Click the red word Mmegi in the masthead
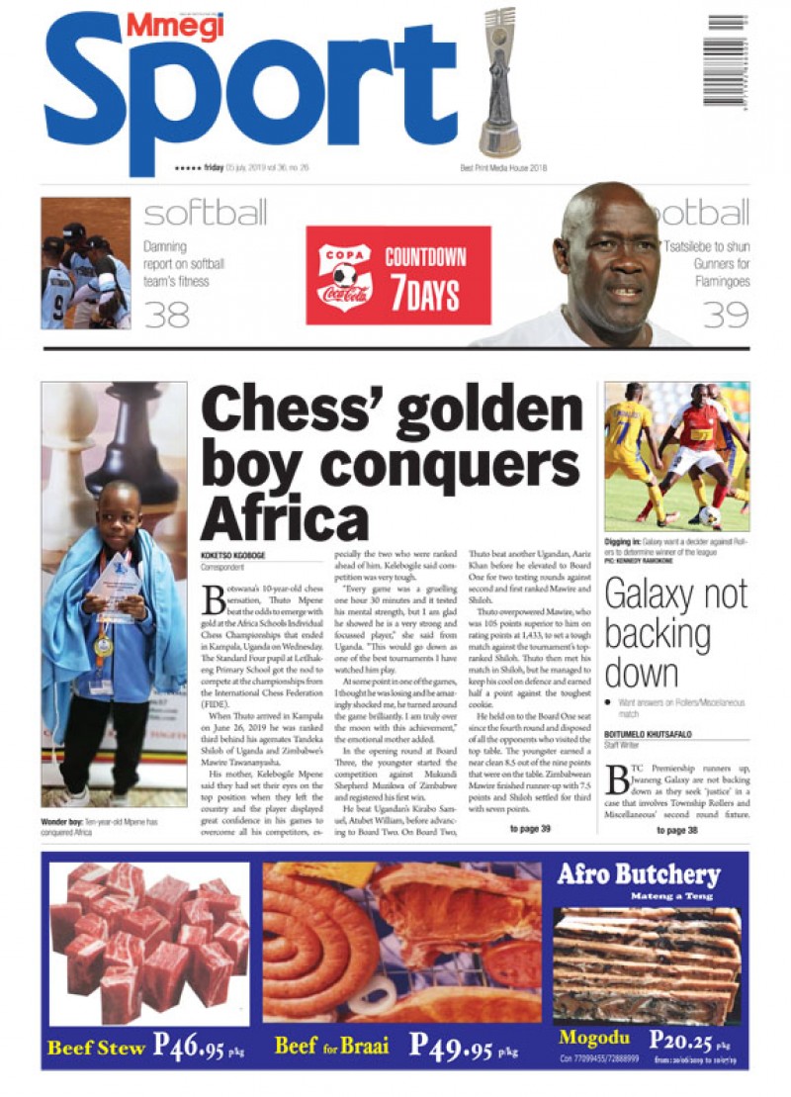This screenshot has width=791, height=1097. coord(174,27)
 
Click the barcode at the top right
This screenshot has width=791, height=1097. coord(726,59)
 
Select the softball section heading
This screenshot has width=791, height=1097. coord(205,214)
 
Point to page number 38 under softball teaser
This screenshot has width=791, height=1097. coord(167,315)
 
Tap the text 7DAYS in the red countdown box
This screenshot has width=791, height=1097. coord(425,294)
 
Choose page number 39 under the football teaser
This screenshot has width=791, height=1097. coord(725,315)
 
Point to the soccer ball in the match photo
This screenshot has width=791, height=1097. coord(709,515)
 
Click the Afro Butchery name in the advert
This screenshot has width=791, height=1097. coord(639,875)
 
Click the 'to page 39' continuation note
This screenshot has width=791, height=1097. coord(530,829)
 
